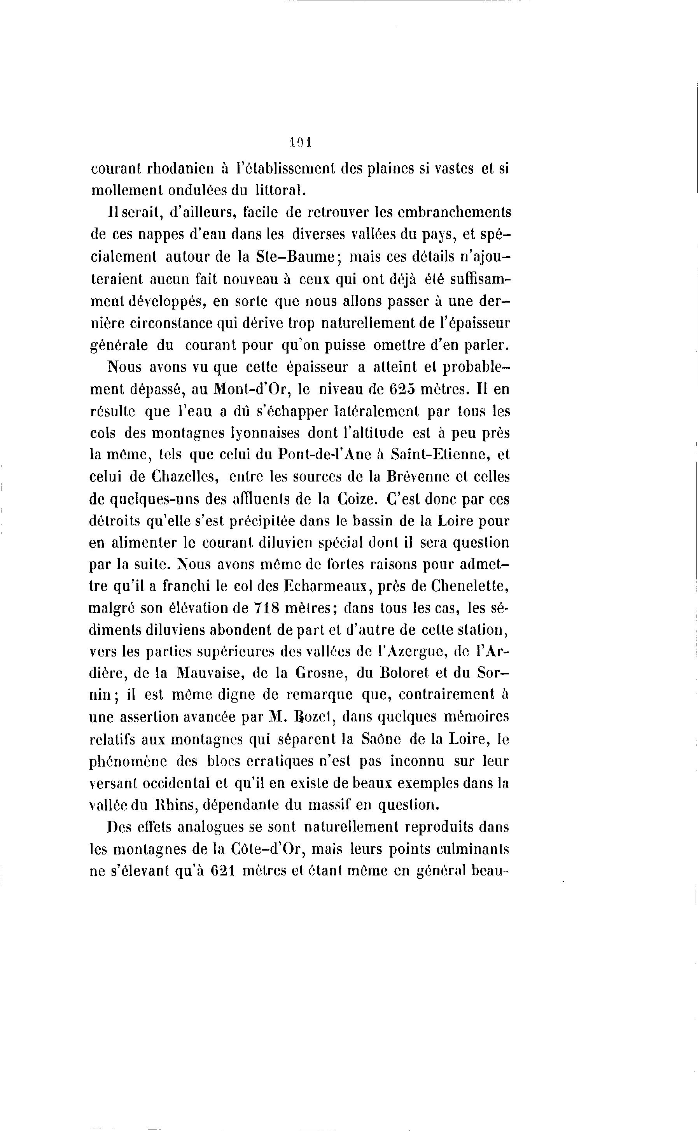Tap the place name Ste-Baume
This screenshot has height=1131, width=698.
pos(296,257)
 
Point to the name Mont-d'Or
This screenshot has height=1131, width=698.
pos(252,389)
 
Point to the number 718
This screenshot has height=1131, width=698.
pos(267,608)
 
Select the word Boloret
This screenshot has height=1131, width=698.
pos(405,674)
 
